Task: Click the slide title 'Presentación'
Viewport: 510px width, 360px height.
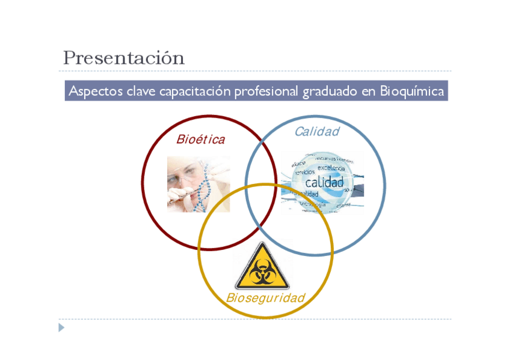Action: click(123, 58)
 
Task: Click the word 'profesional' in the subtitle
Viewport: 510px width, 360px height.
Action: click(265, 91)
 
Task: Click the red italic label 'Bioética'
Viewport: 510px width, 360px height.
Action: click(201, 140)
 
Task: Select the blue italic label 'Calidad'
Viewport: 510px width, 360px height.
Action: click(317, 132)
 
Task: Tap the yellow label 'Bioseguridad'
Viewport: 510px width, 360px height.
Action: click(265, 298)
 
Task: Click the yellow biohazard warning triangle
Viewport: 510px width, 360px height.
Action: click(262, 267)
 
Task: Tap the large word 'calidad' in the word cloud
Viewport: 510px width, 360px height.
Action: click(325, 182)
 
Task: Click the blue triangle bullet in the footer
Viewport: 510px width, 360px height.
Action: click(61, 328)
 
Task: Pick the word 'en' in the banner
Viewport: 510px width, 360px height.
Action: click(367, 91)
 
